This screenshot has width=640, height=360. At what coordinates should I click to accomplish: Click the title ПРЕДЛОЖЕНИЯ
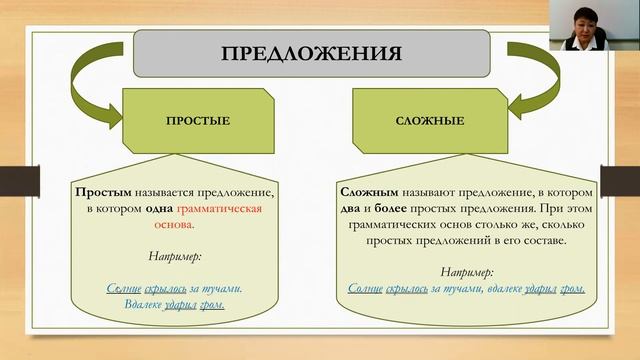[311, 53]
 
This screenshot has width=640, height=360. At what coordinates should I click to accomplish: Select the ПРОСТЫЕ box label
[198, 121]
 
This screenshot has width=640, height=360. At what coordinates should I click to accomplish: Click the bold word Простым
[101, 190]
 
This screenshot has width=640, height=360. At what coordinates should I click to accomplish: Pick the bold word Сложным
[367, 190]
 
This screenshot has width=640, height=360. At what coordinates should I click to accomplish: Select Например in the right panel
[467, 271]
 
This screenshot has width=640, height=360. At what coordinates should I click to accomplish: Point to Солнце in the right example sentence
[366, 289]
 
